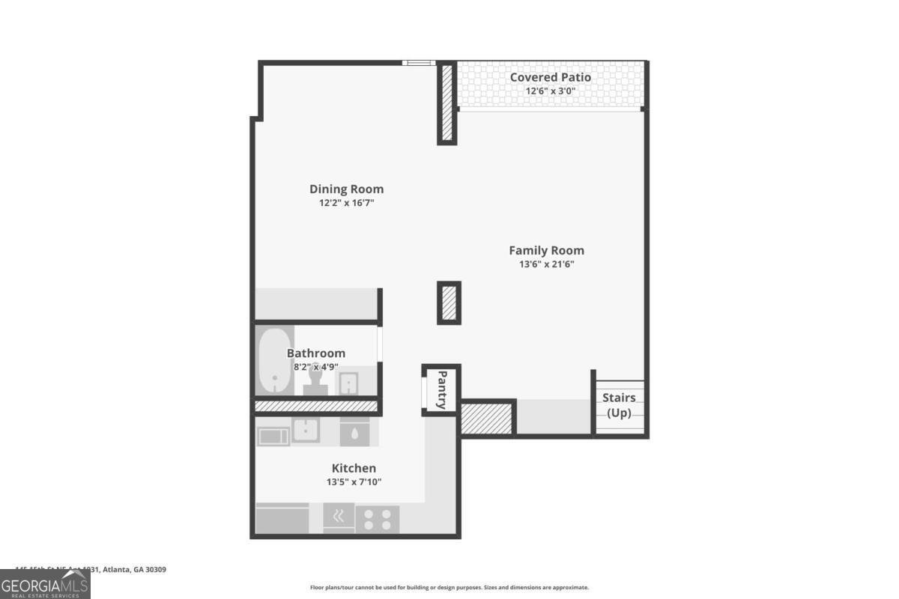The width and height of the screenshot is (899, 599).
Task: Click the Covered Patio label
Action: tap(550, 77)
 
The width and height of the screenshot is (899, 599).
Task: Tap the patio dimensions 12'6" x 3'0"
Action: tap(550, 91)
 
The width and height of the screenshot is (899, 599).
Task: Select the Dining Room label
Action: tap(346, 189)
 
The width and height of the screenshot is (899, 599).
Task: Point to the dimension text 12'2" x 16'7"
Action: tap(346, 203)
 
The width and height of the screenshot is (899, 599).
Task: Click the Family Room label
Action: tap(546, 251)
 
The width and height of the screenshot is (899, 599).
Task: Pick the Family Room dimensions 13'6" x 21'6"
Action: tap(546, 264)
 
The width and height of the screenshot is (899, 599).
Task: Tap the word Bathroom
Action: tap(315, 353)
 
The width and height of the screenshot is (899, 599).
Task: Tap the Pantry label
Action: tap(442, 389)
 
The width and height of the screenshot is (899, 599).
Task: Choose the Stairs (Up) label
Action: tap(619, 405)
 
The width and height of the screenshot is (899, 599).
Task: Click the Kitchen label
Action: tap(354, 469)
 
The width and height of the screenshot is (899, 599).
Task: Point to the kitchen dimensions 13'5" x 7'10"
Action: tap(354, 482)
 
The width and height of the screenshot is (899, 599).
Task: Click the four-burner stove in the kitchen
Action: tap(377, 518)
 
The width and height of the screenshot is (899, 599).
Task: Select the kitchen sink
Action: tap(306, 431)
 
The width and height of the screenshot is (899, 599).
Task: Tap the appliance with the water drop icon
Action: tap(354, 432)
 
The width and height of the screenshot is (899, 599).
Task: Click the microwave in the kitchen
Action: tap(273, 436)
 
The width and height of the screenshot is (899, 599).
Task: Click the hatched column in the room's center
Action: tap(449, 302)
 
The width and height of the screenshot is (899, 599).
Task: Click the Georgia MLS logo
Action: tap(45, 584)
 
